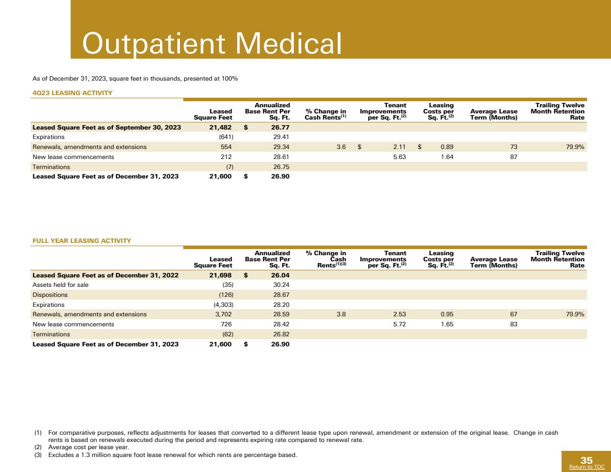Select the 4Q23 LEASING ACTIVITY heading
tap(72, 92)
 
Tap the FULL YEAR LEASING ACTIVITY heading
tap(82, 241)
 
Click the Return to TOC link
tap(587, 468)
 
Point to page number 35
tap(587, 460)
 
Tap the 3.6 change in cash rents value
tap(341, 147)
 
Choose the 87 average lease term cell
tap(513, 157)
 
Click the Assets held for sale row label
tap(61, 285)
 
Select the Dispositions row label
tap(50, 295)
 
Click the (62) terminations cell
tap(227, 334)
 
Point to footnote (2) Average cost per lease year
tap(89, 447)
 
